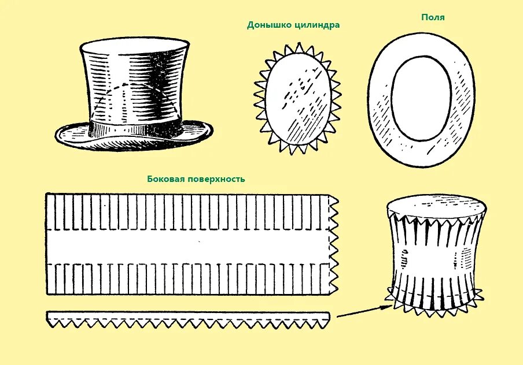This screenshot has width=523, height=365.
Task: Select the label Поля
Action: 433,17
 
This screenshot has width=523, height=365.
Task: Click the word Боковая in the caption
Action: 167,179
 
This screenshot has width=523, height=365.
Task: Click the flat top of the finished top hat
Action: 134,44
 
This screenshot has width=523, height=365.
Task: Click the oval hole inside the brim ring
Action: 420,98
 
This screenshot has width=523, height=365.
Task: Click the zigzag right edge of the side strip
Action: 334,243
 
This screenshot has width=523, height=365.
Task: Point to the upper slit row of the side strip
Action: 185,210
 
